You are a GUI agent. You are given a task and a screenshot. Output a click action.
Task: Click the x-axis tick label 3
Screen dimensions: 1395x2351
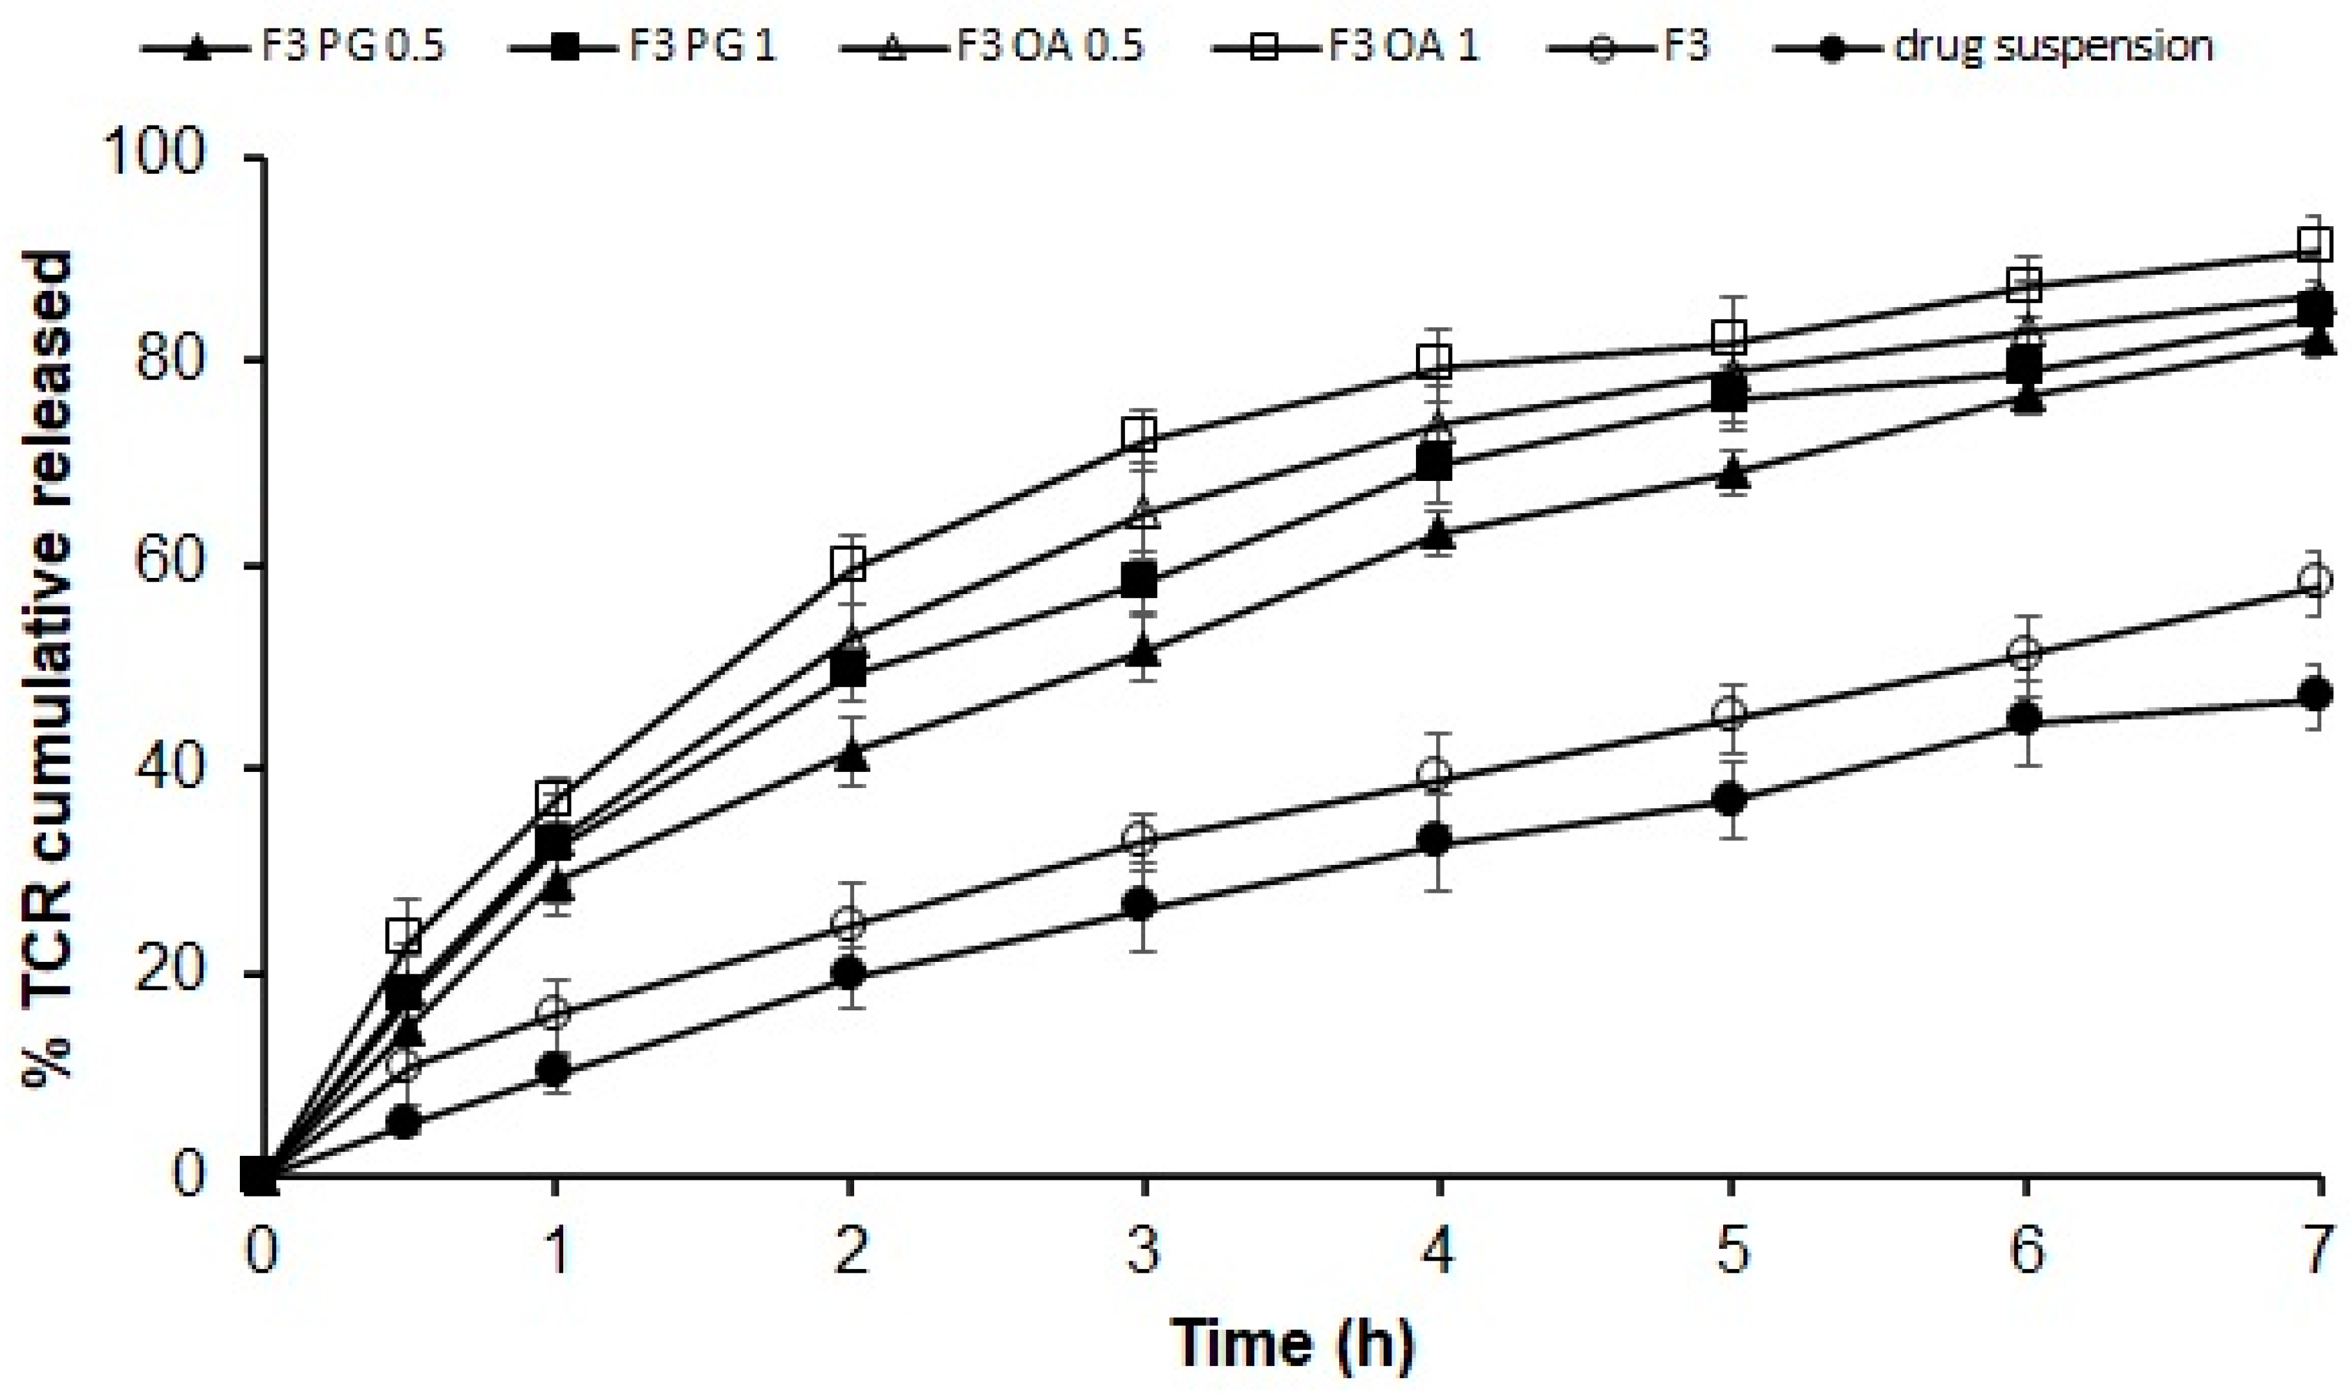click(1143, 1252)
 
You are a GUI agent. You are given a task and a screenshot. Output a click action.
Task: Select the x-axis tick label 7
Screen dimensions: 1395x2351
click(2319, 1252)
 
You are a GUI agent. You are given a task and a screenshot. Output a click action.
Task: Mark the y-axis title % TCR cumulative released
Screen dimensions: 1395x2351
click(49, 667)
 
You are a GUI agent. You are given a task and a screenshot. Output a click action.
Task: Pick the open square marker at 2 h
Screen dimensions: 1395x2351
click(849, 564)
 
